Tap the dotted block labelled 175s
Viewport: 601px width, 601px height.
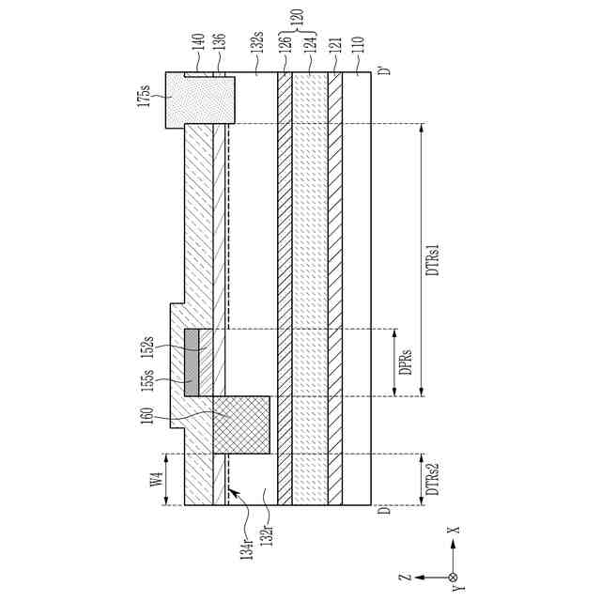pyautogui.click(x=199, y=99)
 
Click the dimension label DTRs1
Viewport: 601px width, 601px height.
pyautogui.click(x=434, y=259)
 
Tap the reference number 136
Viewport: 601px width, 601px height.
pyautogui.click(x=220, y=43)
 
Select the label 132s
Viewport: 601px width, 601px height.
pyautogui.click(x=255, y=43)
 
